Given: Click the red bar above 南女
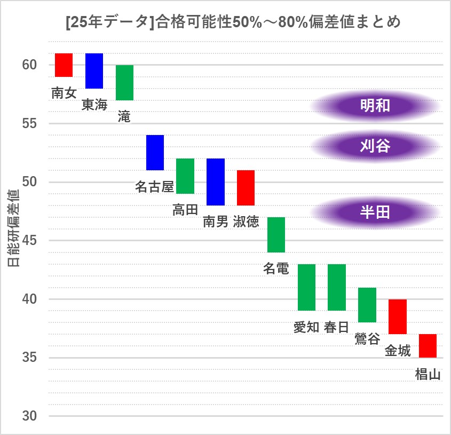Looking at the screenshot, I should [64, 65].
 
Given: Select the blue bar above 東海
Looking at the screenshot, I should [94, 71].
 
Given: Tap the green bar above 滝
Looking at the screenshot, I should [124, 83].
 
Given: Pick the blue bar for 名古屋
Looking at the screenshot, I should [155, 153].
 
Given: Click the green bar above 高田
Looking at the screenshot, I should [185, 176].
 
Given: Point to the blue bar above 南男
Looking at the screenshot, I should [216, 182].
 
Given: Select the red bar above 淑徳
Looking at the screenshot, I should [246, 188].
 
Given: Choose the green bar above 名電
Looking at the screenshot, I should [276, 235].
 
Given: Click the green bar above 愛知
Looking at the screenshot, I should [306, 287].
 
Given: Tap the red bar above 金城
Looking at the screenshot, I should [398, 317].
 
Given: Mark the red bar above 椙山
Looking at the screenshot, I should [428, 346].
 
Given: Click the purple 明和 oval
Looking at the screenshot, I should [375, 106].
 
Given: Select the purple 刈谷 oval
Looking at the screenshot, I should [375, 146].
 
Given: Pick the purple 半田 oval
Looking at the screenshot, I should [375, 212].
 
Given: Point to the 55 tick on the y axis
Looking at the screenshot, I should [29, 124].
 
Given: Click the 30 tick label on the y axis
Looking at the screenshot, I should [29, 416].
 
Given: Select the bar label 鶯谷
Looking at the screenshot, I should [367, 339].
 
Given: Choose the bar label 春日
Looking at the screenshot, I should [336, 327].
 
